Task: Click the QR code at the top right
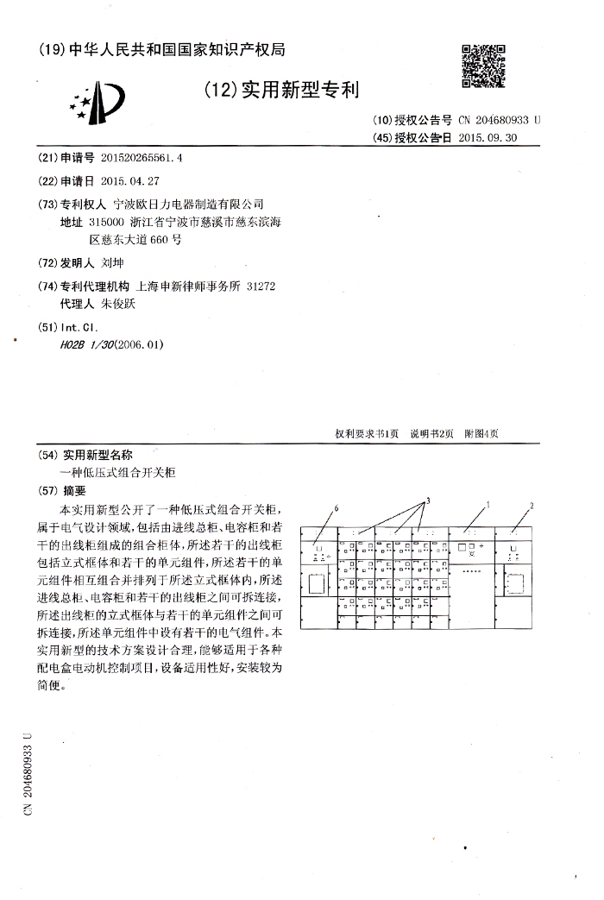pyautogui.click(x=483, y=65)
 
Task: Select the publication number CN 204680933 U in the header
pyautogui.click(x=500, y=121)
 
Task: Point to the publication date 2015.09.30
pyautogui.click(x=488, y=138)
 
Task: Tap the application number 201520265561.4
pyautogui.click(x=142, y=159)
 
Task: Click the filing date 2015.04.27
pyautogui.click(x=130, y=181)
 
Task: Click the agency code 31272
pyautogui.click(x=261, y=286)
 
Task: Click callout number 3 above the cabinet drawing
pyautogui.click(x=427, y=500)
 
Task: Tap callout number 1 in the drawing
pyautogui.click(x=488, y=503)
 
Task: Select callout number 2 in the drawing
pyautogui.click(x=532, y=505)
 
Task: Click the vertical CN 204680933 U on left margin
pyautogui.click(x=28, y=772)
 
